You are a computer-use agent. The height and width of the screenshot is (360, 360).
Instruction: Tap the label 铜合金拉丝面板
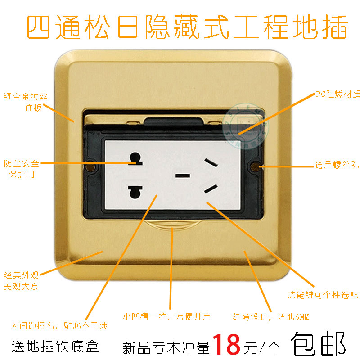(x=28, y=102)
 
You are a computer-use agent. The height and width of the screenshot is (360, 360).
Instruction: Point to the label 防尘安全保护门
(x=22, y=168)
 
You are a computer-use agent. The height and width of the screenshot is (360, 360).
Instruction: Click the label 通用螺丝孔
(x=337, y=166)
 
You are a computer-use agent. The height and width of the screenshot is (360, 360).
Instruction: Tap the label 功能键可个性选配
(x=323, y=295)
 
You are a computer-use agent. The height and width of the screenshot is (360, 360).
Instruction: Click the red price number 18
(x=227, y=344)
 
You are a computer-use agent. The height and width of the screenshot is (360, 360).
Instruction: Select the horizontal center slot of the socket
(x=182, y=175)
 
